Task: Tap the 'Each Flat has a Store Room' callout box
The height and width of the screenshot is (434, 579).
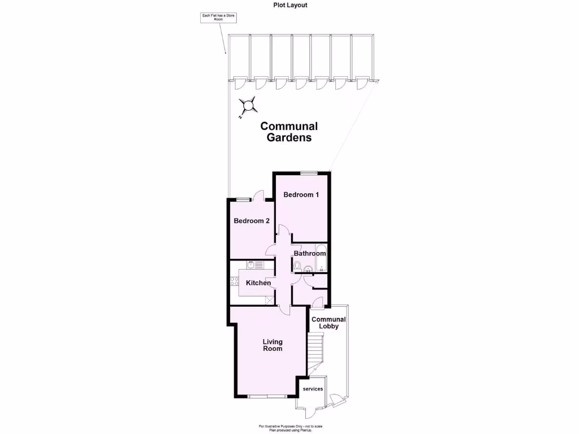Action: (x=219, y=18)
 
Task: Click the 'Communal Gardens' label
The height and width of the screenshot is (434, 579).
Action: (x=289, y=132)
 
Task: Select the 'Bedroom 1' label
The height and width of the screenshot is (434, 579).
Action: (x=301, y=195)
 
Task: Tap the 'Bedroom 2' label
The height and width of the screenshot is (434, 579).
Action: (x=252, y=221)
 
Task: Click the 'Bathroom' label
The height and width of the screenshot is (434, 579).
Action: (x=310, y=254)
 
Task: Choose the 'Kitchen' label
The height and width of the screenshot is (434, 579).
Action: (x=258, y=283)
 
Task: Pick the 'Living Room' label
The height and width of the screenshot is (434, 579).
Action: (x=273, y=345)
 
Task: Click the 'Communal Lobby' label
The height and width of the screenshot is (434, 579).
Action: (x=329, y=323)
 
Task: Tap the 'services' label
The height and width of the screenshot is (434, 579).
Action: (x=313, y=389)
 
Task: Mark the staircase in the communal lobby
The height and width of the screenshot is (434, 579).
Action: (x=315, y=350)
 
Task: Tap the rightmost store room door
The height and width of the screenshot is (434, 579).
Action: (x=361, y=84)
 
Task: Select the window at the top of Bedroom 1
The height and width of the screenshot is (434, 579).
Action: (x=309, y=173)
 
